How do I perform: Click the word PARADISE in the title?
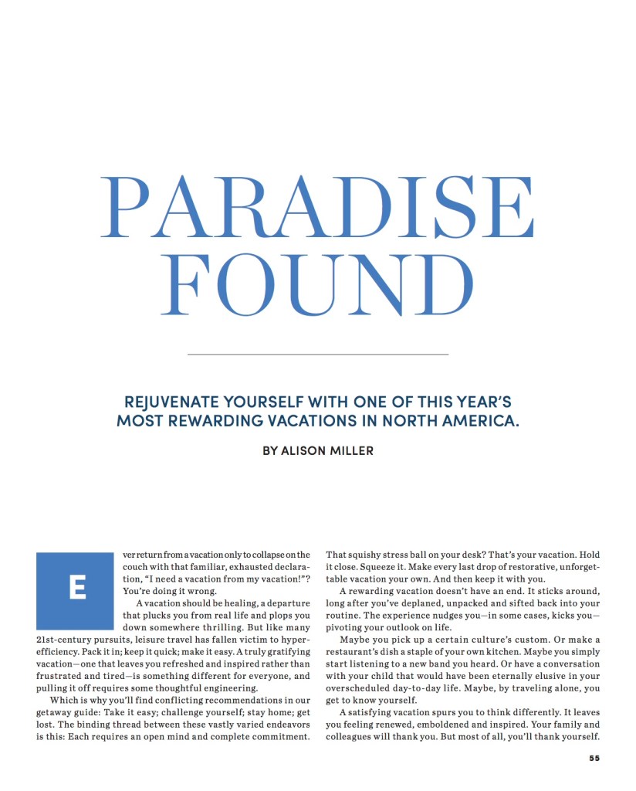318,207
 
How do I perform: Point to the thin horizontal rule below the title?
318,354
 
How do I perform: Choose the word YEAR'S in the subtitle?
471,402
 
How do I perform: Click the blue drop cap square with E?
75,590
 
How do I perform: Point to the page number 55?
594,758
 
